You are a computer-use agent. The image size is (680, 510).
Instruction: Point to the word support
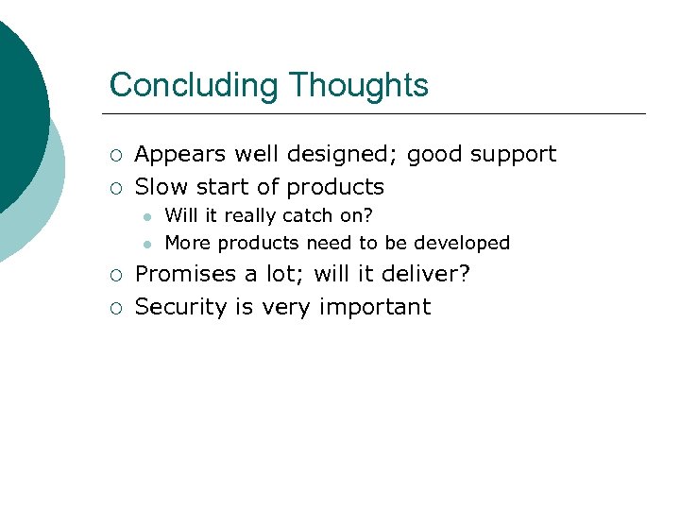(x=511, y=154)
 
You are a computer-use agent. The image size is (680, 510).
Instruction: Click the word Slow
(x=161, y=186)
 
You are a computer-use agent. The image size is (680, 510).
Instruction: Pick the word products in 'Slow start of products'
(x=335, y=186)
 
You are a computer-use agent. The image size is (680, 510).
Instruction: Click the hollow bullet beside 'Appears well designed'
(x=114, y=155)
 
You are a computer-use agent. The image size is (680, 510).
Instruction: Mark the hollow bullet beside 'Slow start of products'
(x=114, y=187)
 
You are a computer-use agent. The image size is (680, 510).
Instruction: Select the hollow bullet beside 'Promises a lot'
(x=114, y=276)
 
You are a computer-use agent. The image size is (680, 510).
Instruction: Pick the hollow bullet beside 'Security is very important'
(x=114, y=308)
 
